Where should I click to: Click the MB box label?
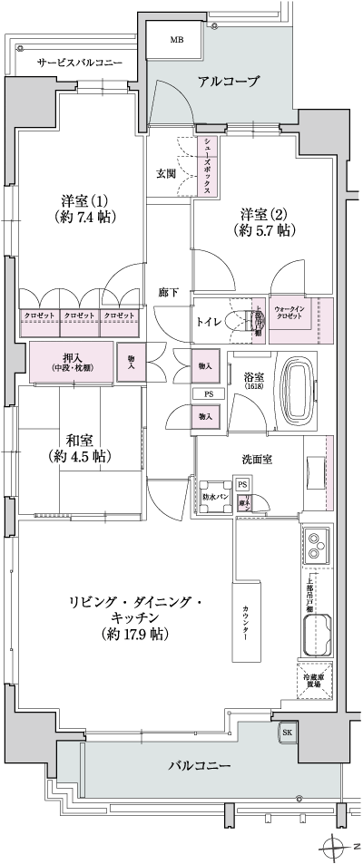177,40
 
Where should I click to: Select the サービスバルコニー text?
80,63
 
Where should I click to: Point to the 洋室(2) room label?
263,221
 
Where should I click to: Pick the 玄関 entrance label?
166,173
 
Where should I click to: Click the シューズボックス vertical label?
208,166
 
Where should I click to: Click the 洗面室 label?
258,459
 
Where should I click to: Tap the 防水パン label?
214,497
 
